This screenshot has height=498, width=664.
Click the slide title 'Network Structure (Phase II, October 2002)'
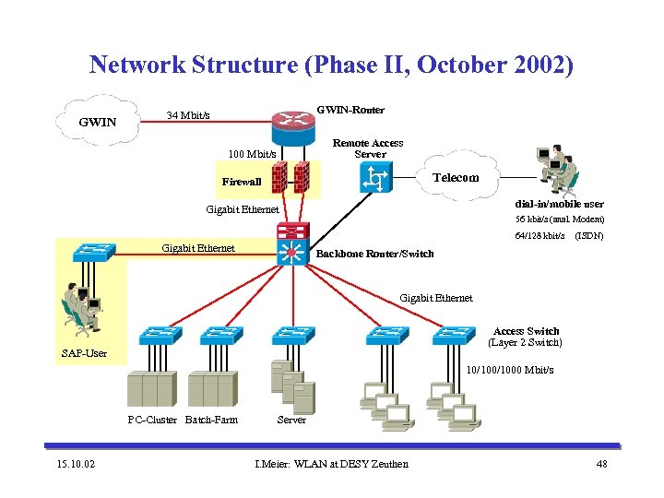pos(331,65)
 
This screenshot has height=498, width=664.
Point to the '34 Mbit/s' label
pos(187,115)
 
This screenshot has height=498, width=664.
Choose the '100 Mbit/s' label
pos(253,153)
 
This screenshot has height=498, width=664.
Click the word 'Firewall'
pos(242,182)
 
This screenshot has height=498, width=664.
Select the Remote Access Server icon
pos(375,177)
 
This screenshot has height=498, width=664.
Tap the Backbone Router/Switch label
pos(374,254)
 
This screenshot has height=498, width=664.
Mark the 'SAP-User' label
pos(84,353)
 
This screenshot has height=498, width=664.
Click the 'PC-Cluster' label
pos(151,421)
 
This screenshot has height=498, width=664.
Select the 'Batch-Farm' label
pos(211,421)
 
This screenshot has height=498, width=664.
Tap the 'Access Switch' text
pos(526,331)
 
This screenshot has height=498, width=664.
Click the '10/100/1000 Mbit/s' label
pos(510,371)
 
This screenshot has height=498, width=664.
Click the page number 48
pos(601,463)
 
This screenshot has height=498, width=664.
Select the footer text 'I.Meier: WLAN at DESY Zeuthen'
pos(331,463)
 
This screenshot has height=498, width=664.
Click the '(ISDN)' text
pos(589,236)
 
